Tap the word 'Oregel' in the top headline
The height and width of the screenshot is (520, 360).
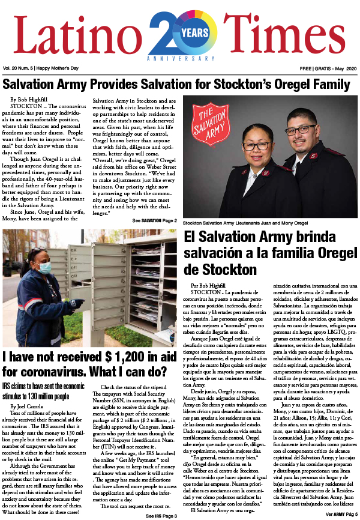[x=277, y=85]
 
